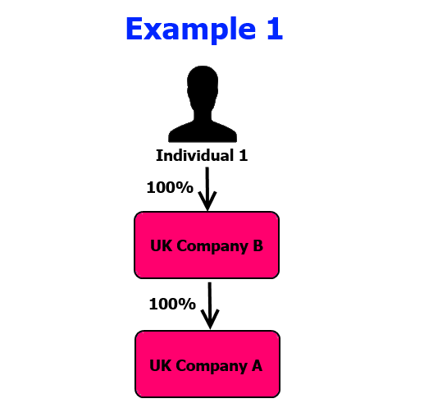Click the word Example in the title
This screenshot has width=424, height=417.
click(191, 30)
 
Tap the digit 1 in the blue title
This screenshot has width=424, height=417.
click(275, 29)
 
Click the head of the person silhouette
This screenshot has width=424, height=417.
click(203, 88)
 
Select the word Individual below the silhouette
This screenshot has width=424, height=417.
click(195, 155)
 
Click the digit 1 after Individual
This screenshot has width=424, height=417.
click(243, 156)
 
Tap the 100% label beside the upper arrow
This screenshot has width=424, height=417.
click(170, 187)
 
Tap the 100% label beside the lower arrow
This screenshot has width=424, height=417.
click(172, 304)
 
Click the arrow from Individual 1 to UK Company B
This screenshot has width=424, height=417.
click(207, 189)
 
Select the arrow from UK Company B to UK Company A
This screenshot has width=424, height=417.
click(210, 306)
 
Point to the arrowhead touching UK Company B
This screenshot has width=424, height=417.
click(207, 202)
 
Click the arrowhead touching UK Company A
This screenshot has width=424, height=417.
click(210, 319)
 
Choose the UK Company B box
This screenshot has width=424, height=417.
click(207, 245)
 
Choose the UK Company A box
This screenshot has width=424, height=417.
click(207, 364)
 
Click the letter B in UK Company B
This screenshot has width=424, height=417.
click(258, 245)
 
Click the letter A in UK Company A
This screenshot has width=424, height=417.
click(257, 365)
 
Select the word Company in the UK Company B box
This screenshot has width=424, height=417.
click(212, 246)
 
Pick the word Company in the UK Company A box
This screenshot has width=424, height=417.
click(212, 367)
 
